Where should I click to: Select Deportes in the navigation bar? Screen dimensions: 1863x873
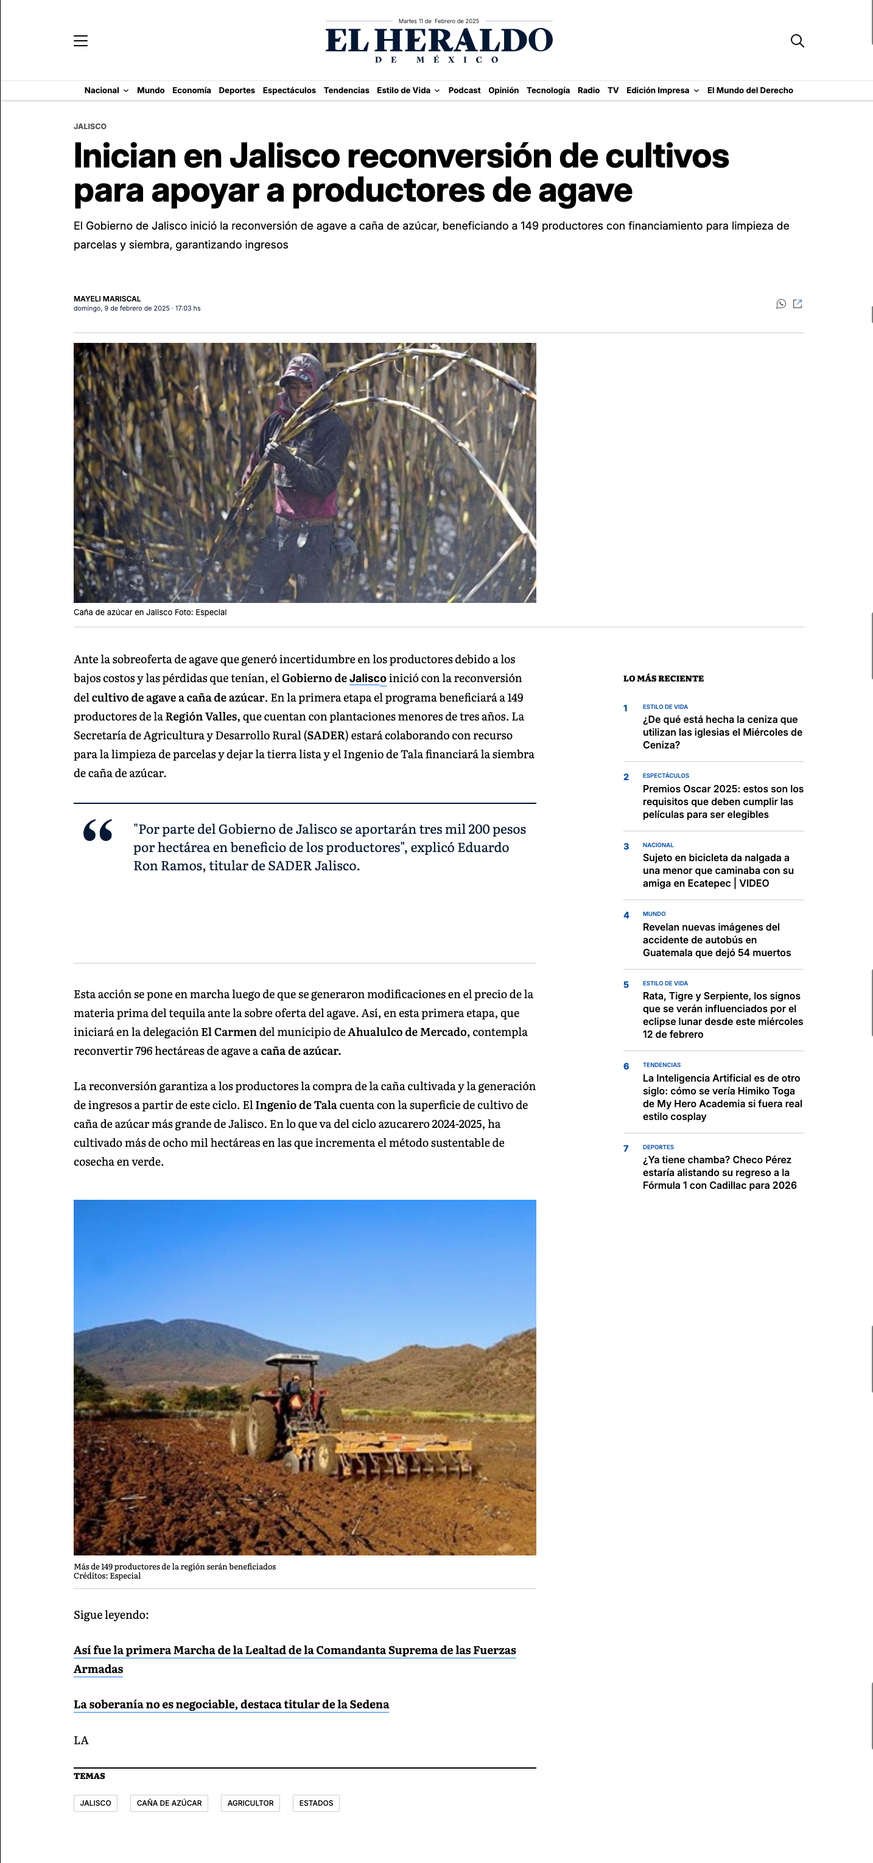tap(236, 90)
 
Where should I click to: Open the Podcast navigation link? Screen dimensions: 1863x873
tap(464, 90)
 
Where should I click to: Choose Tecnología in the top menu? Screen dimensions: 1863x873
tap(548, 90)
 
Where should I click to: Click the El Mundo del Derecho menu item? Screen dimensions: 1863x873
tap(749, 90)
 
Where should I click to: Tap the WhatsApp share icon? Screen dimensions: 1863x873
tap(780, 304)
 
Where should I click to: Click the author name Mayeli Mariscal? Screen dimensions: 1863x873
tap(107, 298)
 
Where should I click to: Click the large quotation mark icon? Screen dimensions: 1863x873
tap(97, 830)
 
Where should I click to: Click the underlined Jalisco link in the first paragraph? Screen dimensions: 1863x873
tap(368, 678)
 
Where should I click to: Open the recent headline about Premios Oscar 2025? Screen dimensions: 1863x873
tap(722, 801)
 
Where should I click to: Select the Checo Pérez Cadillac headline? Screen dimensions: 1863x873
tap(719, 1172)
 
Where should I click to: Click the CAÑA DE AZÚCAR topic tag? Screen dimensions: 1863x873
tap(169, 1803)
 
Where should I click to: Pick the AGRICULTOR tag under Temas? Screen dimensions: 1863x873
tap(250, 1803)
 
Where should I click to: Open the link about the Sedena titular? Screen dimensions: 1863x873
tap(231, 1704)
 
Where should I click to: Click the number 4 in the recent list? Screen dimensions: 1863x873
tap(626, 915)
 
